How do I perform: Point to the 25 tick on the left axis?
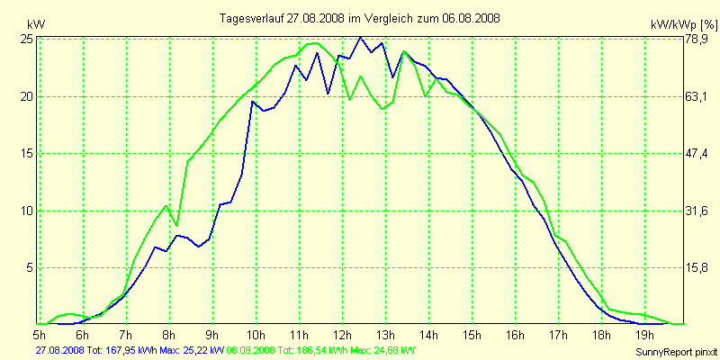click(x=26, y=40)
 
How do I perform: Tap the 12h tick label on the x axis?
click(x=343, y=336)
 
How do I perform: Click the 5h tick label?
click(x=38, y=336)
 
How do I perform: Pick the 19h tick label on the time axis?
click(x=646, y=336)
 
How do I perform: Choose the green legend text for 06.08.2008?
click(x=321, y=349)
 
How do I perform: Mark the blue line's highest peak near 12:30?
click(x=360, y=37)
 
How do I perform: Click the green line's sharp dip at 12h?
click(x=349, y=99)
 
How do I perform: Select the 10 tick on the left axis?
click(x=26, y=211)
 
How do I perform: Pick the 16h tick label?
click(x=516, y=336)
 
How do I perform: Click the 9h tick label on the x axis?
click(x=212, y=336)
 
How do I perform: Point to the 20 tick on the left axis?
click(x=26, y=96)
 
